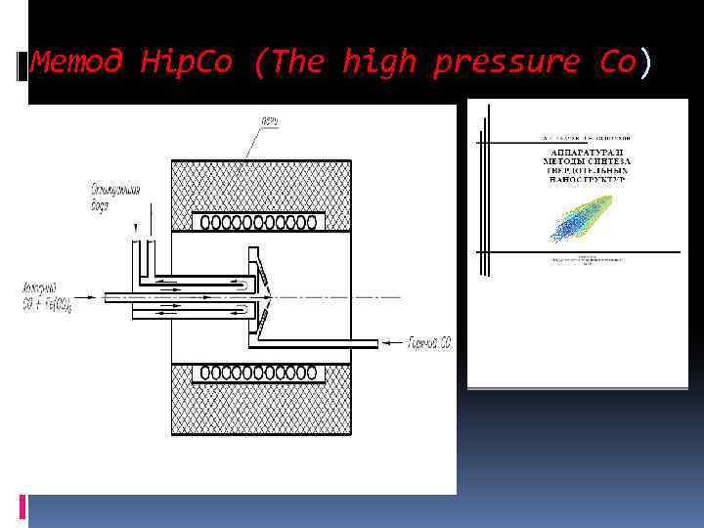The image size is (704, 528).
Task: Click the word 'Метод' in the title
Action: (x=77, y=64)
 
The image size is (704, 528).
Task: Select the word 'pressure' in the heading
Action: (x=506, y=64)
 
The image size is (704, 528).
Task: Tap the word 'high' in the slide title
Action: (x=379, y=64)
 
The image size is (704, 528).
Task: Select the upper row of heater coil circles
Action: (x=260, y=223)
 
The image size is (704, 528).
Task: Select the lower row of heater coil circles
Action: (x=260, y=373)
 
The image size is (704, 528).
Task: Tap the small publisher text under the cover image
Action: (x=583, y=261)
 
